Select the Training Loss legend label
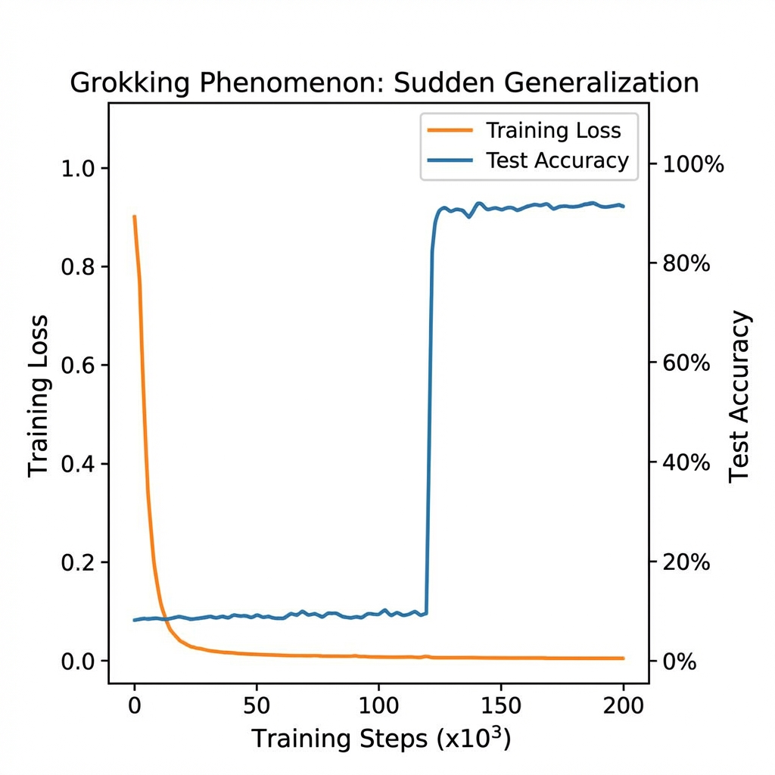point(553,130)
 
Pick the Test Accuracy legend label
point(558,160)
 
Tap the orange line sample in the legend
point(450,130)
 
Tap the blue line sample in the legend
point(450,160)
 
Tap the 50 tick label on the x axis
point(257,706)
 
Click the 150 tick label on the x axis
point(501,706)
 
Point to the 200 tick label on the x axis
point(624,706)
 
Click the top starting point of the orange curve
point(135,216)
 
